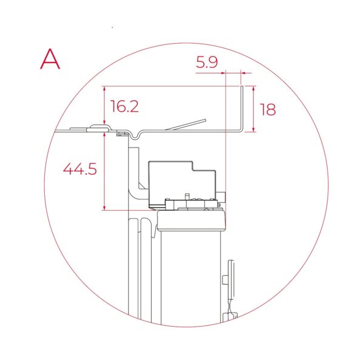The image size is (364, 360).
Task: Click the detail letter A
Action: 50,59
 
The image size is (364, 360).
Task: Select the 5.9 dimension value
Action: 207,63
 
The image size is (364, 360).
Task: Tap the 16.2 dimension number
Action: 124,106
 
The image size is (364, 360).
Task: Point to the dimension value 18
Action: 268,109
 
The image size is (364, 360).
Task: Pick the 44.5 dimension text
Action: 80,169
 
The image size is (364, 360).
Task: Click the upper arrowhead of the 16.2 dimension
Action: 104,89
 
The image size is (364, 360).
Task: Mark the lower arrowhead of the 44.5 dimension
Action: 104,208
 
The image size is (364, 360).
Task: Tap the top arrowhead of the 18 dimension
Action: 253,89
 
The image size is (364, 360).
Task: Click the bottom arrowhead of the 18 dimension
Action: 253,129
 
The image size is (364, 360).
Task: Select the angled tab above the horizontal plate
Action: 186,124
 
